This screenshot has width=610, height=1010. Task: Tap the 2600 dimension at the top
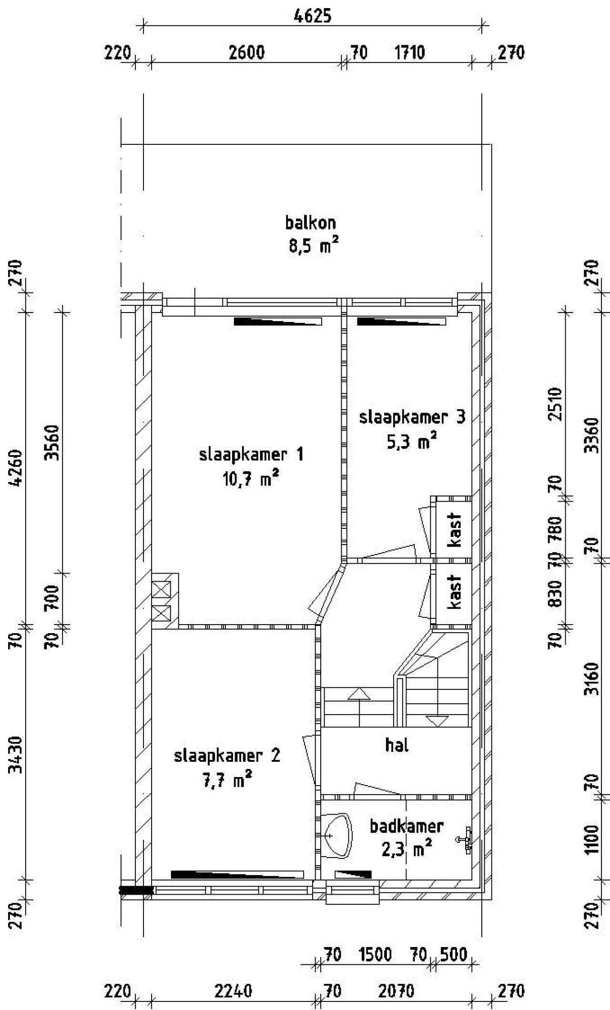[246, 52]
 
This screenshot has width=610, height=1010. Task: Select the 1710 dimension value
[410, 52]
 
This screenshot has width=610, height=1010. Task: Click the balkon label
[310, 222]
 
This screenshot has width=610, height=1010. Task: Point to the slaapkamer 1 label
[251, 454]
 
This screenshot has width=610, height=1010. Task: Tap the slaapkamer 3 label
[412, 417]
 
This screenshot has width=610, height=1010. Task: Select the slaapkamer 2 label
[227, 756]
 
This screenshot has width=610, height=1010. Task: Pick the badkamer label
[407, 826]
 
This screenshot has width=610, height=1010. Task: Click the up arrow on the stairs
[359, 694]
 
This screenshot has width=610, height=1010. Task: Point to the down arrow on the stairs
[437, 721]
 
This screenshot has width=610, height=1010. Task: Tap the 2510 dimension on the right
[556, 404]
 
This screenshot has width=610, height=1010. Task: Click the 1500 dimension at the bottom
[376, 954]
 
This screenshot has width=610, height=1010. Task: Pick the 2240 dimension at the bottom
[233, 991]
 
